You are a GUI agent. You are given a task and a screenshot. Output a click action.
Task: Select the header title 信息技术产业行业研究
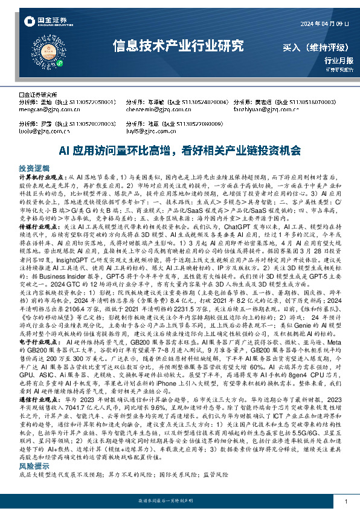[x=179, y=45]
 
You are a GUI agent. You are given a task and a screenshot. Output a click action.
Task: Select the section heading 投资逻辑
[x=34, y=166]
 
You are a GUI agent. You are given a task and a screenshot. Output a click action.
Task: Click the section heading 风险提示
[x=34, y=483]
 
